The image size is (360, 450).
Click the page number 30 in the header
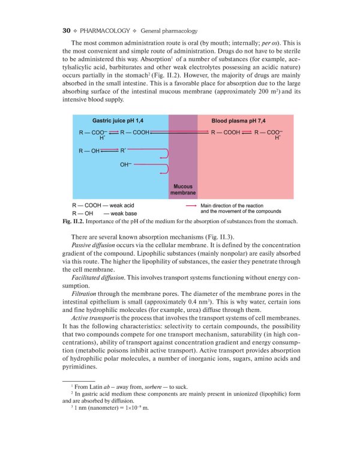pyautogui.click(x=67, y=30)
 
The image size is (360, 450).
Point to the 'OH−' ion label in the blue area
pyautogui.click(x=126, y=164)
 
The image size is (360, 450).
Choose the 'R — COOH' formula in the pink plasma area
pyautogui.click(x=226, y=131)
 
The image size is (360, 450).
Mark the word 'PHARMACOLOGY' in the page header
pyautogui.click(x=103, y=30)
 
